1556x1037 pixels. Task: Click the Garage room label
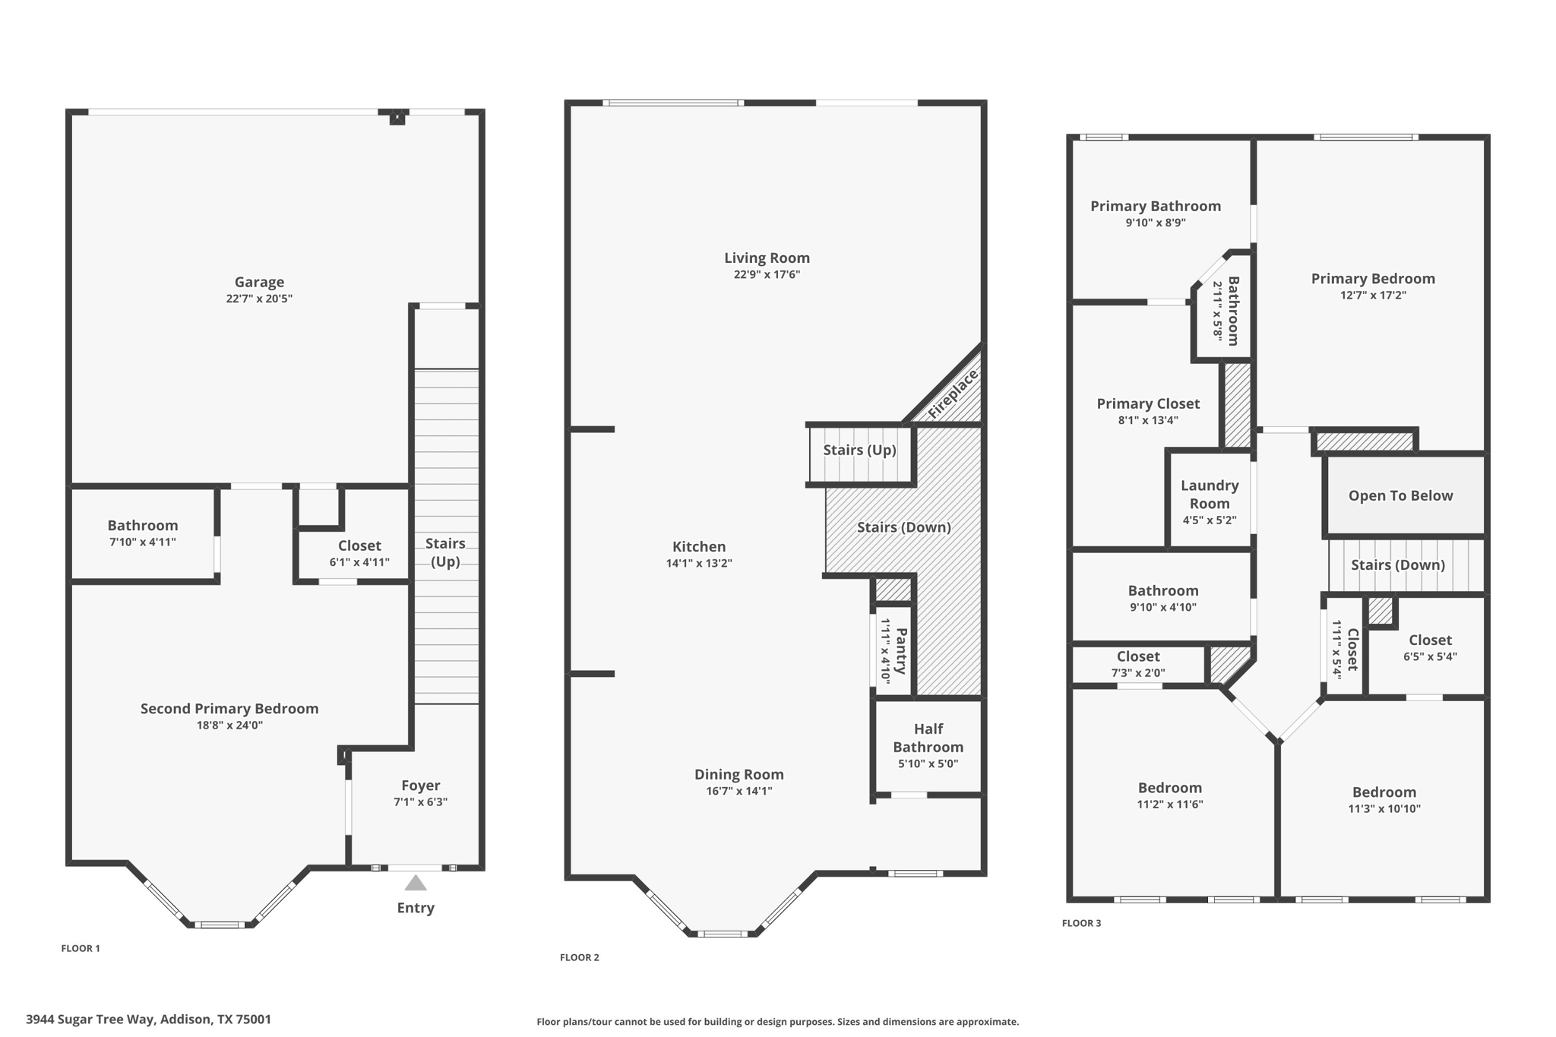[259, 282]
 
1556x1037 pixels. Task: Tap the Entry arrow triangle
[415, 883]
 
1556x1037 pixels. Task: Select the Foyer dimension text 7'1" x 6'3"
[420, 802]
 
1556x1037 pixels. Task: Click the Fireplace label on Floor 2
[953, 394]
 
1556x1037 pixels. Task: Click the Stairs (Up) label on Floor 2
[859, 450]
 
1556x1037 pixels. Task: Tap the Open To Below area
[1400, 495]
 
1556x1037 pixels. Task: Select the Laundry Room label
[1210, 494]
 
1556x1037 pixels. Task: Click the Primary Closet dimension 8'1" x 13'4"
[1148, 420]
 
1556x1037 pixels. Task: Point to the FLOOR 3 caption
[1081, 923]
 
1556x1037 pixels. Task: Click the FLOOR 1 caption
[81, 948]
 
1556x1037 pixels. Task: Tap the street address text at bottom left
[148, 1020]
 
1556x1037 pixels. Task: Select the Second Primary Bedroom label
[229, 708]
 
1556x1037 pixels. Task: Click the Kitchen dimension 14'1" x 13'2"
[698, 563]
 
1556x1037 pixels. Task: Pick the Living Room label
[767, 258]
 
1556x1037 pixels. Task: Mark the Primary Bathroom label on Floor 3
[1155, 206]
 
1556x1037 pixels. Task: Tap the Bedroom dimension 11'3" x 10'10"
[1384, 809]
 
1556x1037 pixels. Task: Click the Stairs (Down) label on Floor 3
[1397, 564]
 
